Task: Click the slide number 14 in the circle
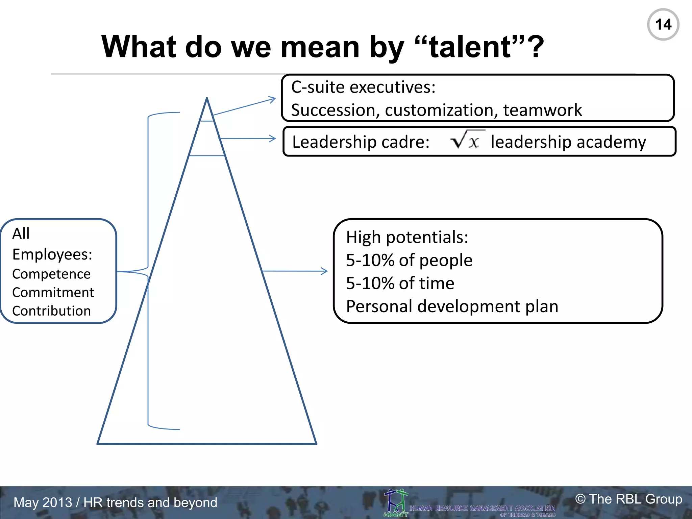663,25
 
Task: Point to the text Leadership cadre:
361,142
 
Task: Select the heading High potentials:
407,237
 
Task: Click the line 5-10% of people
409,260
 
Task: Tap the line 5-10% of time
400,283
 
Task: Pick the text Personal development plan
452,306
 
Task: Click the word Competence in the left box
51,274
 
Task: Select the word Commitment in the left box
53,293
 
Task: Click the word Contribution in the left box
51,311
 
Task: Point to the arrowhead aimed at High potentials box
325,271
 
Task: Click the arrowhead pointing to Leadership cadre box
273,139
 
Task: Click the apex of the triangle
207,99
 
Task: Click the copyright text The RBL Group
628,499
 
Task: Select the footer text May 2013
43,502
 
